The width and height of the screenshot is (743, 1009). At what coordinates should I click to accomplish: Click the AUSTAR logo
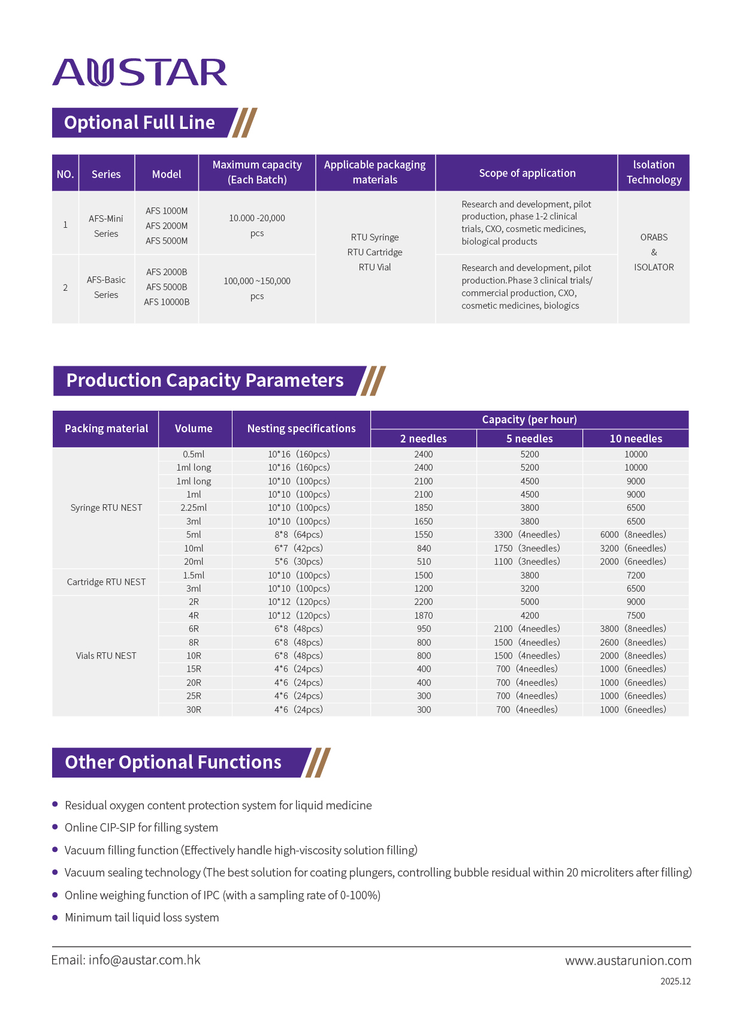coord(140,73)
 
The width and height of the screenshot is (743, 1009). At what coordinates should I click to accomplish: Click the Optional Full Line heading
coord(140,123)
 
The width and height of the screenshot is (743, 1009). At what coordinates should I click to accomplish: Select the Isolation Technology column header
coord(654,173)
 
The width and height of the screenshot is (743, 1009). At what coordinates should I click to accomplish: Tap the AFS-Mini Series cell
coord(106,226)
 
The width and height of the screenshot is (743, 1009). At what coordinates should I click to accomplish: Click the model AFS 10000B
coord(167,302)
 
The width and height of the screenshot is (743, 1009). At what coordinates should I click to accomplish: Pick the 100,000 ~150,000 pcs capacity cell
coord(257,288)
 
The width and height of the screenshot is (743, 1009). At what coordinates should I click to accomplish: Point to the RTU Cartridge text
coord(375,252)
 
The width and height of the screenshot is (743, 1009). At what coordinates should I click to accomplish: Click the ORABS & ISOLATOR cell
coord(654,252)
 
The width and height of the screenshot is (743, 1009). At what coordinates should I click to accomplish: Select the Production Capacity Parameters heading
coord(205,381)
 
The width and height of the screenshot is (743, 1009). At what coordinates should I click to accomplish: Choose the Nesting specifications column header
coord(301,429)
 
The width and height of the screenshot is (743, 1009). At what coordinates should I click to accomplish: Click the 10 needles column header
coord(636,439)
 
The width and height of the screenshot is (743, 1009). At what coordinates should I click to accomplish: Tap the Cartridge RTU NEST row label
coord(106,582)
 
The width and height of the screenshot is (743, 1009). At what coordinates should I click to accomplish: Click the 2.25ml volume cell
coord(194,508)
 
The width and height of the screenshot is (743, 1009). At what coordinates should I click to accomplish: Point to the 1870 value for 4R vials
coord(424,616)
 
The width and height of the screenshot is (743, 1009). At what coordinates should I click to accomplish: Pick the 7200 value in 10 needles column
coord(636,576)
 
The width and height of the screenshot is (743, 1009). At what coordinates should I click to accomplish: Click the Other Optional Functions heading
coord(173,763)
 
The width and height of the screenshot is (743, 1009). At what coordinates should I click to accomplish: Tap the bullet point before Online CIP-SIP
coord(55,827)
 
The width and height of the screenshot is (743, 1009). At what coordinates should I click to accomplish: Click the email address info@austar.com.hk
coord(144,960)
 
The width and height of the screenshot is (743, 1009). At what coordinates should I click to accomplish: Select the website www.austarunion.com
coord(628,961)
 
